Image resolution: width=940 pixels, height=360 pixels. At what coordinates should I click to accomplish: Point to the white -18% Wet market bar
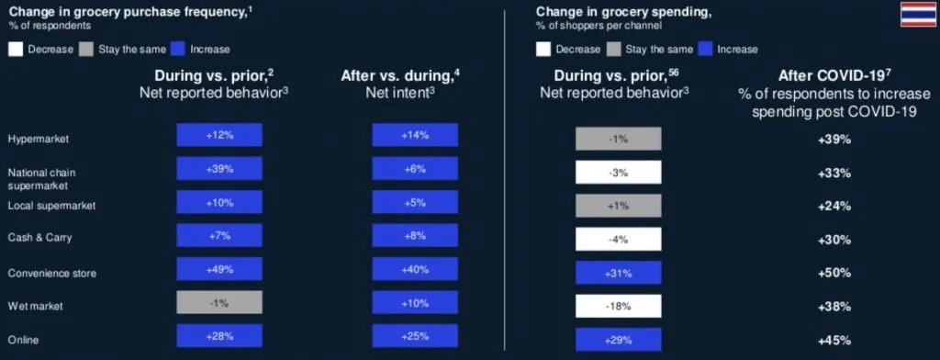click(618, 306)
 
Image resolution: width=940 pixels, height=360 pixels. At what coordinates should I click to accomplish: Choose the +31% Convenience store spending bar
click(618, 273)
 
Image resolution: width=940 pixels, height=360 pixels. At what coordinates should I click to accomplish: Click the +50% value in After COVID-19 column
click(834, 273)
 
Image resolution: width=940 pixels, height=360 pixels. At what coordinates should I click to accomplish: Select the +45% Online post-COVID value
click(834, 340)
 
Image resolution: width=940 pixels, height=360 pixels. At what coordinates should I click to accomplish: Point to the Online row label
click(22, 340)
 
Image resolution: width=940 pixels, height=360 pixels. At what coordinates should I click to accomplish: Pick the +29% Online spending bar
click(618, 340)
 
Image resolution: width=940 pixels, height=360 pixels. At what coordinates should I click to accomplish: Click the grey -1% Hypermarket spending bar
click(618, 139)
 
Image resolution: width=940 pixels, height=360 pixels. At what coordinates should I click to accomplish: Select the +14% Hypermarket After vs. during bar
click(414, 136)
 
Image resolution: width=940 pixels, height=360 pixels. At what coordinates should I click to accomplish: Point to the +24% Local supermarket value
click(834, 206)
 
